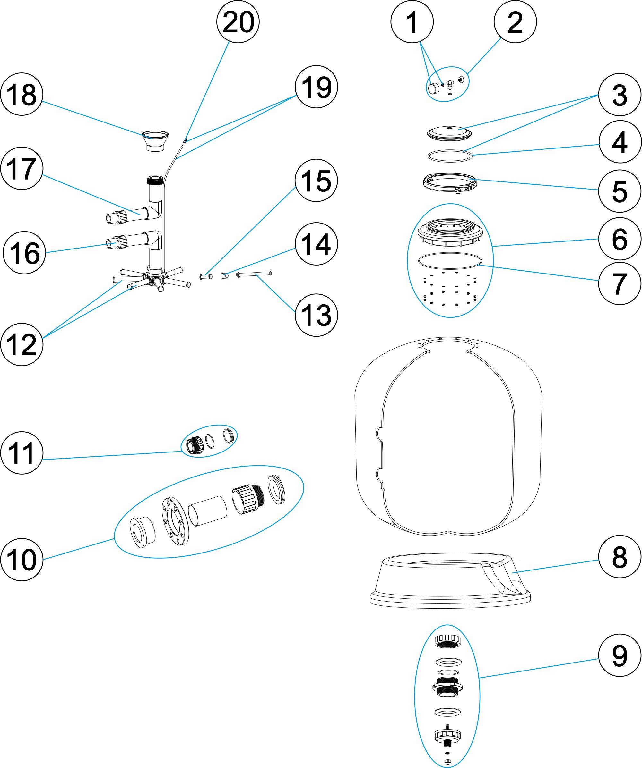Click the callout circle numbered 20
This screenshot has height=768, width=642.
pyautogui.click(x=238, y=22)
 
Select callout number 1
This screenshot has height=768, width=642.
pyautogui.click(x=412, y=22)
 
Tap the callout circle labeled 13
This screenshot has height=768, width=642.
pyautogui.click(x=316, y=315)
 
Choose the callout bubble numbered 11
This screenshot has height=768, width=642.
pyautogui.click(x=22, y=453)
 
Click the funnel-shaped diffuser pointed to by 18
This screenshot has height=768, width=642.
pyautogui.click(x=155, y=140)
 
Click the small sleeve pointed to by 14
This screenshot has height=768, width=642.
pyautogui.click(x=225, y=275)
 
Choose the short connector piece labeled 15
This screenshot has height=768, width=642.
pyautogui.click(x=205, y=276)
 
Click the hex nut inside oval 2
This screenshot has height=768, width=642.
pyautogui.click(x=461, y=79)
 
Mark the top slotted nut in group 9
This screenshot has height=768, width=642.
pyautogui.click(x=447, y=641)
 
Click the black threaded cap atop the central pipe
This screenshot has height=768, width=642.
pyautogui.click(x=155, y=180)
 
